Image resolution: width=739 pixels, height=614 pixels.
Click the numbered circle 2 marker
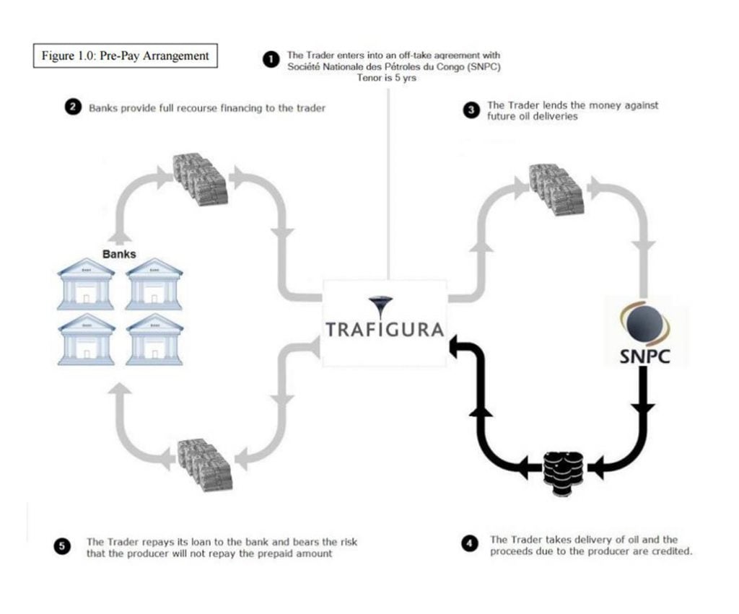(72, 108)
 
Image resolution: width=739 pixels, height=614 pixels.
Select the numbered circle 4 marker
(471, 545)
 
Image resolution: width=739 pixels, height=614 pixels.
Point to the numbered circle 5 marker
(63, 546)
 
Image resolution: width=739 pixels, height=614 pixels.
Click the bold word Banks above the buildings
(119, 254)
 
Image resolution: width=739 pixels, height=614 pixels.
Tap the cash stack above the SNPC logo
(556, 188)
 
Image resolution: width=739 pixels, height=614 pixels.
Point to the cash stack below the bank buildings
(204, 463)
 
